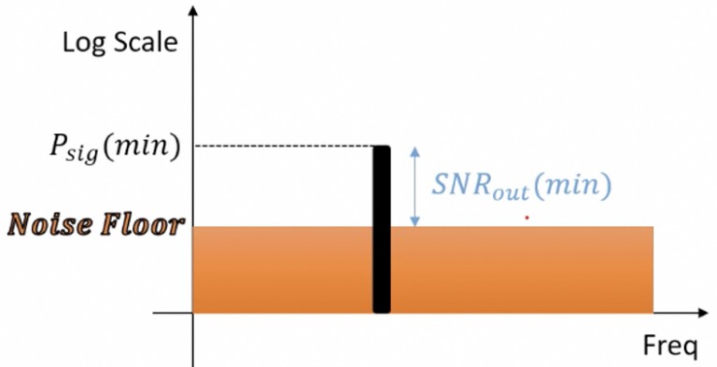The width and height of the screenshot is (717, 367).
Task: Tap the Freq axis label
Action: point(669,347)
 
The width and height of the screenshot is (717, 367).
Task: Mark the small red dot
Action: point(527,218)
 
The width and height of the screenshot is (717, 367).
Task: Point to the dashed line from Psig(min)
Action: point(280,147)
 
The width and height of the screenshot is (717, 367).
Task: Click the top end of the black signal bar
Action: point(381,149)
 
